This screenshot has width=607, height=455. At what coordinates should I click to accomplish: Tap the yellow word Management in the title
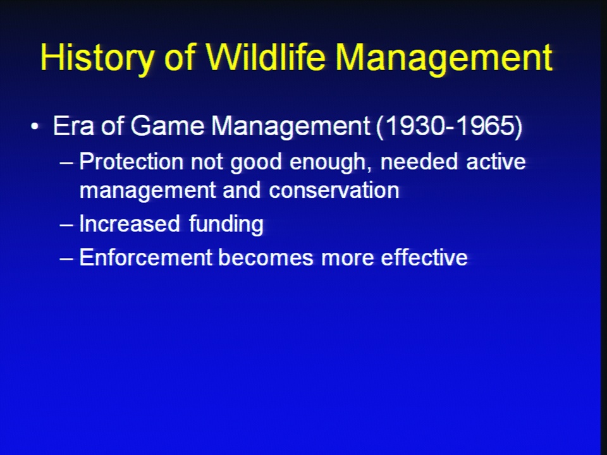[x=444, y=58]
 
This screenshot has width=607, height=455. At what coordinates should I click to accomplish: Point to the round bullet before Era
[x=35, y=126]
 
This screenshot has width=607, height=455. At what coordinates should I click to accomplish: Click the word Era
[x=73, y=126]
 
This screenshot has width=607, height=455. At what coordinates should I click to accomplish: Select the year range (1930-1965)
[x=449, y=126]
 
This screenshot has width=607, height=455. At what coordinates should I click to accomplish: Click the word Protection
[x=131, y=161]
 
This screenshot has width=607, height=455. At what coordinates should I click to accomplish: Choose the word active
[x=496, y=161]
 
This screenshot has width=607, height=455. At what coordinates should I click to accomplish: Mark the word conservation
[x=334, y=190]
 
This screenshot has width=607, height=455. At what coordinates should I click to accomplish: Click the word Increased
[x=129, y=224]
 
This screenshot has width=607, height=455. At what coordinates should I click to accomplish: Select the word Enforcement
[x=145, y=257]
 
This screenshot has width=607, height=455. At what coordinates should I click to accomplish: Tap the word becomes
[x=266, y=257]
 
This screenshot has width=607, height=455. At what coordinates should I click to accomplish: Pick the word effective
[x=424, y=257]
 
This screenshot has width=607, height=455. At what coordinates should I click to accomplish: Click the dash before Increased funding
[x=66, y=225]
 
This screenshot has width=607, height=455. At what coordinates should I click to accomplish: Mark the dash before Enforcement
[x=66, y=258]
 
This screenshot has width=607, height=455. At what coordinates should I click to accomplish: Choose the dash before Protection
[x=66, y=162]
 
